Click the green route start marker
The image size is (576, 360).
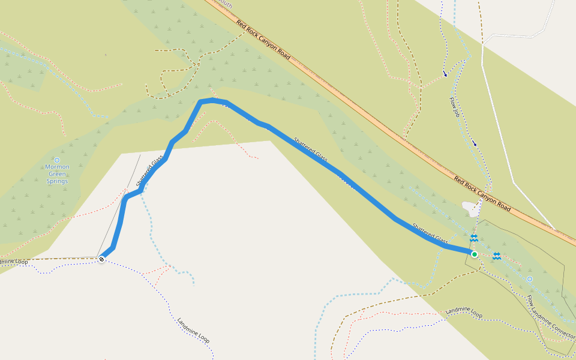474,254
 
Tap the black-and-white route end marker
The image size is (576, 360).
101,259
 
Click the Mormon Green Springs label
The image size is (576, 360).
57,174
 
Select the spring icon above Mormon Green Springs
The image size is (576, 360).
57,160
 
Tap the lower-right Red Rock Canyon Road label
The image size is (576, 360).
482,194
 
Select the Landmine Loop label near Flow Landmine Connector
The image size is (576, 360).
464,312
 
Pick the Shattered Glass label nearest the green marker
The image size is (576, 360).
430,232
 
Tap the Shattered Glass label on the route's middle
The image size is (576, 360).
310,150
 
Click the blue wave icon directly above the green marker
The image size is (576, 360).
473,238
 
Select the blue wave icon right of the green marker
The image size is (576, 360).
497,256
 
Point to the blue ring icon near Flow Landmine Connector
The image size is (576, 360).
529,279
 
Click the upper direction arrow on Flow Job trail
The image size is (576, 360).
445,74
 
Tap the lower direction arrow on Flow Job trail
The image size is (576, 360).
475,143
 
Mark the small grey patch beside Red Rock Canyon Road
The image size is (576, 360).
471,208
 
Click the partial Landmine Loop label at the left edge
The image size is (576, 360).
13,262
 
